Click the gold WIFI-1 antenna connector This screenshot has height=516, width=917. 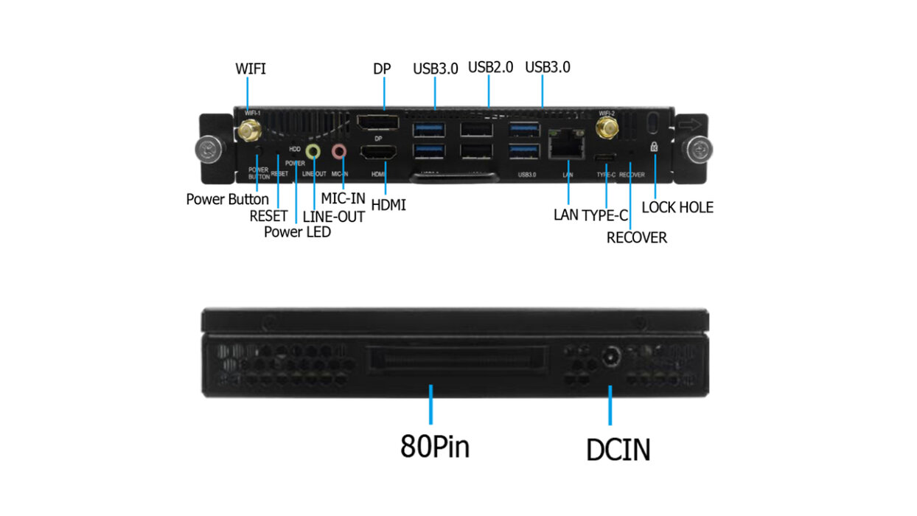[248, 132]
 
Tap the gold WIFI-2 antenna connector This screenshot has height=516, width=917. [607, 130]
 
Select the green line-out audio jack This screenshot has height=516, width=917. [313, 152]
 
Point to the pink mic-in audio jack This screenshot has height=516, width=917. [339, 151]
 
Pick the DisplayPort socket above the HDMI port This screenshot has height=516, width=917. [377, 124]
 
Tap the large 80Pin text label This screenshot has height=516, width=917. [435, 446]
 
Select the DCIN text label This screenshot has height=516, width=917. [618, 449]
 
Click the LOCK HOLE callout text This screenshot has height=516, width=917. [677, 208]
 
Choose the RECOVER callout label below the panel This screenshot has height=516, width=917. [636, 237]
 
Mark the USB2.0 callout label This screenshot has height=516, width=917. [490, 67]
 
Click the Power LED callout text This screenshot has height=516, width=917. [297, 232]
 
